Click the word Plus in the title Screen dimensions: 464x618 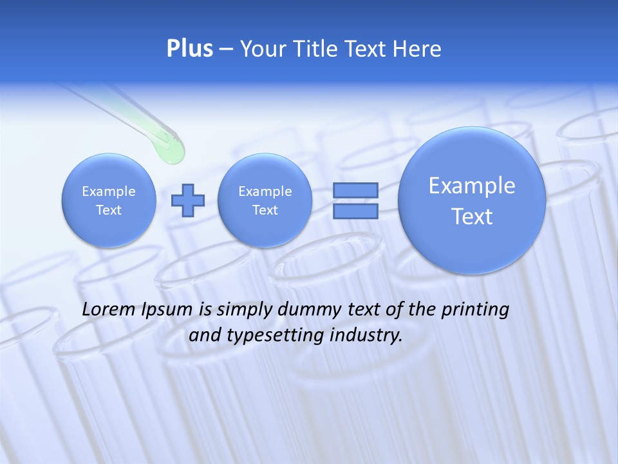click(189, 49)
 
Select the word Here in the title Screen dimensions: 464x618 click(417, 49)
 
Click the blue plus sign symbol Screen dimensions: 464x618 click(187, 200)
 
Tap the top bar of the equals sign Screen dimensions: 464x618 click(355, 190)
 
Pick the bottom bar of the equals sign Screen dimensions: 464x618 click(355, 211)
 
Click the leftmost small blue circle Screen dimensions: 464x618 click(109, 200)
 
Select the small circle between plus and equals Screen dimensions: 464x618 click(265, 200)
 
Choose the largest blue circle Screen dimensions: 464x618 click(472, 200)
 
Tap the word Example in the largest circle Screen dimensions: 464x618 click(472, 186)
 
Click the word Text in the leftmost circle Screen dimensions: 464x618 click(109, 210)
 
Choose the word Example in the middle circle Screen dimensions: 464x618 click(265, 191)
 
